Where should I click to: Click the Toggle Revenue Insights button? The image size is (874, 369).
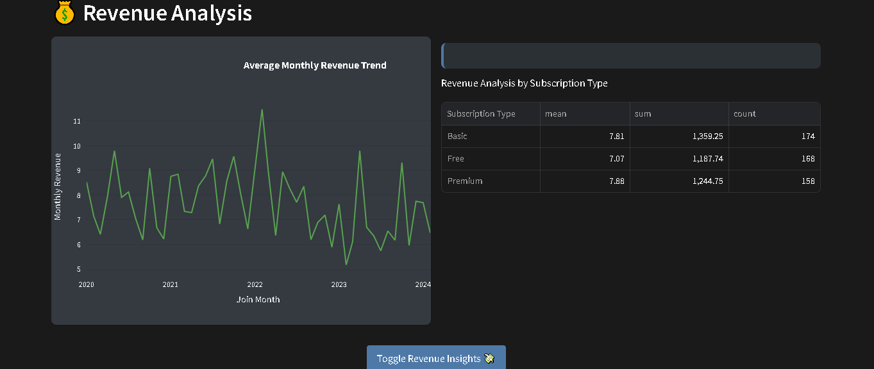point(436,358)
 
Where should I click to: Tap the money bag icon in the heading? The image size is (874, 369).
point(65,13)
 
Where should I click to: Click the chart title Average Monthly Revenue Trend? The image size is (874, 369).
point(315,65)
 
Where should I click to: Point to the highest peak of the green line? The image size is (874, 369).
point(262,110)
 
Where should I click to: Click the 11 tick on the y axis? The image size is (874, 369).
point(77,121)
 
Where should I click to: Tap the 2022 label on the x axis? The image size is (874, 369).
point(255,284)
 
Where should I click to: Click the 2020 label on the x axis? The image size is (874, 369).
point(86,284)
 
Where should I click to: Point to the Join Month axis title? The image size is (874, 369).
point(258,299)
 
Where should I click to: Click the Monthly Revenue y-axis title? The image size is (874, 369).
point(58,186)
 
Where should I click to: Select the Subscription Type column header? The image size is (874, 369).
point(481,114)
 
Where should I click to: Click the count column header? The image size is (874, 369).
point(744,114)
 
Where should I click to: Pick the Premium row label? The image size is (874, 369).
point(465,181)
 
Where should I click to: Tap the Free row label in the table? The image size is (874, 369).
point(456,159)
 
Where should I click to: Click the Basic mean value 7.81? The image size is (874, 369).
point(616,136)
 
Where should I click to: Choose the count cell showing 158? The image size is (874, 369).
point(807,181)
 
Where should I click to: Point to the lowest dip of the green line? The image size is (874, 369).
point(346,264)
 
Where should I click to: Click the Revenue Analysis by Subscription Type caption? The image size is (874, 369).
point(524,83)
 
